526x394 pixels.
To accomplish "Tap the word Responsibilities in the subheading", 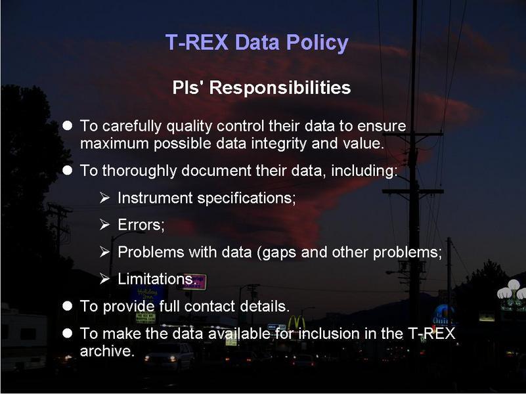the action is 280,87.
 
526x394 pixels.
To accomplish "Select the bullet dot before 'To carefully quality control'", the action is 68,125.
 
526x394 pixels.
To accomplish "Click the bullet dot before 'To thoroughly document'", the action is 68,170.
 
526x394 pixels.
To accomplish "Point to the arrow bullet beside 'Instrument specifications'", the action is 104,198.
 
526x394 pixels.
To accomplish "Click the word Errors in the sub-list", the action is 141,225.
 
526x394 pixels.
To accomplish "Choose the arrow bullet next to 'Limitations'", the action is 104,278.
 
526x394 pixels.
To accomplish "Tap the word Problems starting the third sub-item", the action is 150,252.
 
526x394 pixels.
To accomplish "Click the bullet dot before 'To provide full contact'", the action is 68,306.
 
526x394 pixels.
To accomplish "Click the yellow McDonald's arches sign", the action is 296,322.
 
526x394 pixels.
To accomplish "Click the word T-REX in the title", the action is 197,42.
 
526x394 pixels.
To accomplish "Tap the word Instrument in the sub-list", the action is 155,198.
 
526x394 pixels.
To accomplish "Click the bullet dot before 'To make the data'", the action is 68,333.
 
